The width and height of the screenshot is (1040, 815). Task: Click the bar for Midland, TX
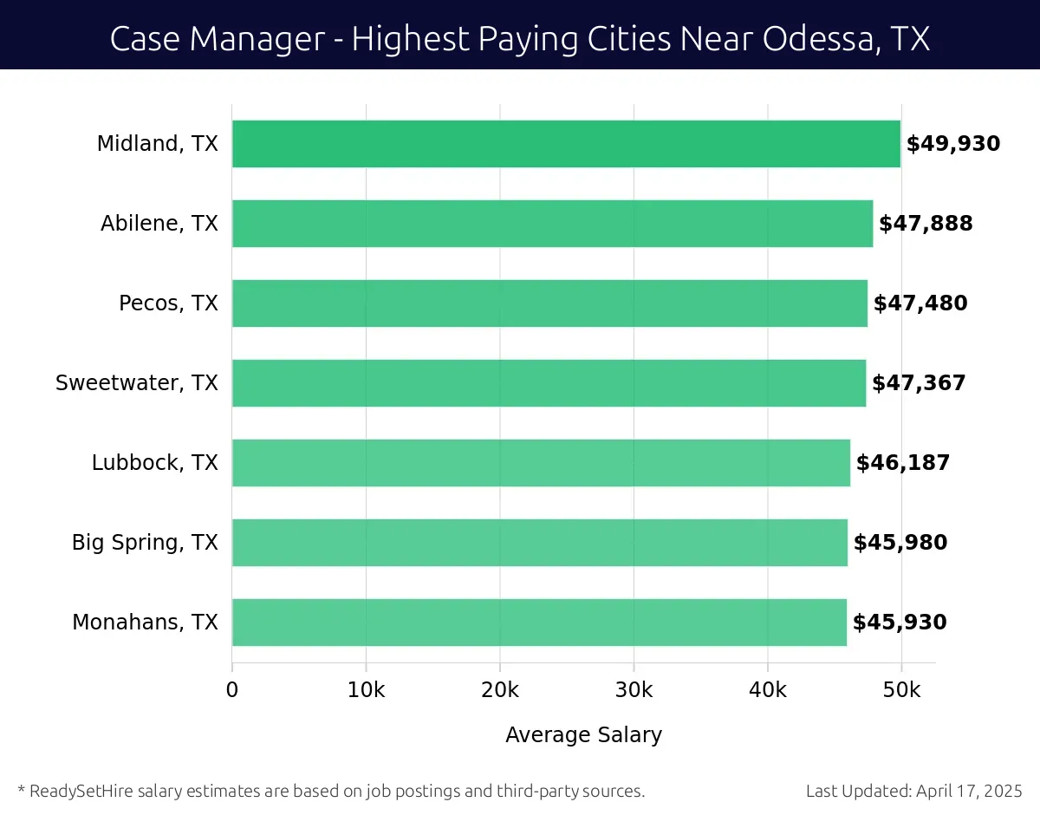tap(566, 144)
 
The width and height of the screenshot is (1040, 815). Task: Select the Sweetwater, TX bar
tap(549, 383)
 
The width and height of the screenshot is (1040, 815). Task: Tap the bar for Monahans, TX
tap(539, 623)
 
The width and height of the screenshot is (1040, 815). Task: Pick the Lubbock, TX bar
tap(541, 463)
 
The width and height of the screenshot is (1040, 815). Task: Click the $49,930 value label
tap(953, 144)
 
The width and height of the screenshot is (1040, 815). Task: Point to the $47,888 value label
tap(926, 224)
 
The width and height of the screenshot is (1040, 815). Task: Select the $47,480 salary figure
tap(920, 303)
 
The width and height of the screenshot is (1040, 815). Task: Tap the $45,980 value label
tap(900, 543)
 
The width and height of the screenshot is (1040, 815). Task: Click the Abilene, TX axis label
tap(159, 224)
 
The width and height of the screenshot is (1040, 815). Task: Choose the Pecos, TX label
tap(168, 303)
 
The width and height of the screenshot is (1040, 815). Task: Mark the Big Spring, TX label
tap(145, 543)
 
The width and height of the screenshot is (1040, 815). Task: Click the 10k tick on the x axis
tap(366, 690)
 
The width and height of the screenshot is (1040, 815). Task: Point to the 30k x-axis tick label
tap(634, 690)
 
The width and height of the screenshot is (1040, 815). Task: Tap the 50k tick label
tap(901, 690)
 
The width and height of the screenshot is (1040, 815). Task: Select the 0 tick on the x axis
tap(232, 690)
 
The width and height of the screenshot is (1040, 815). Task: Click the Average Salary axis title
tap(583, 735)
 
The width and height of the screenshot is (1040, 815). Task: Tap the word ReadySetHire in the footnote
tap(76, 791)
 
